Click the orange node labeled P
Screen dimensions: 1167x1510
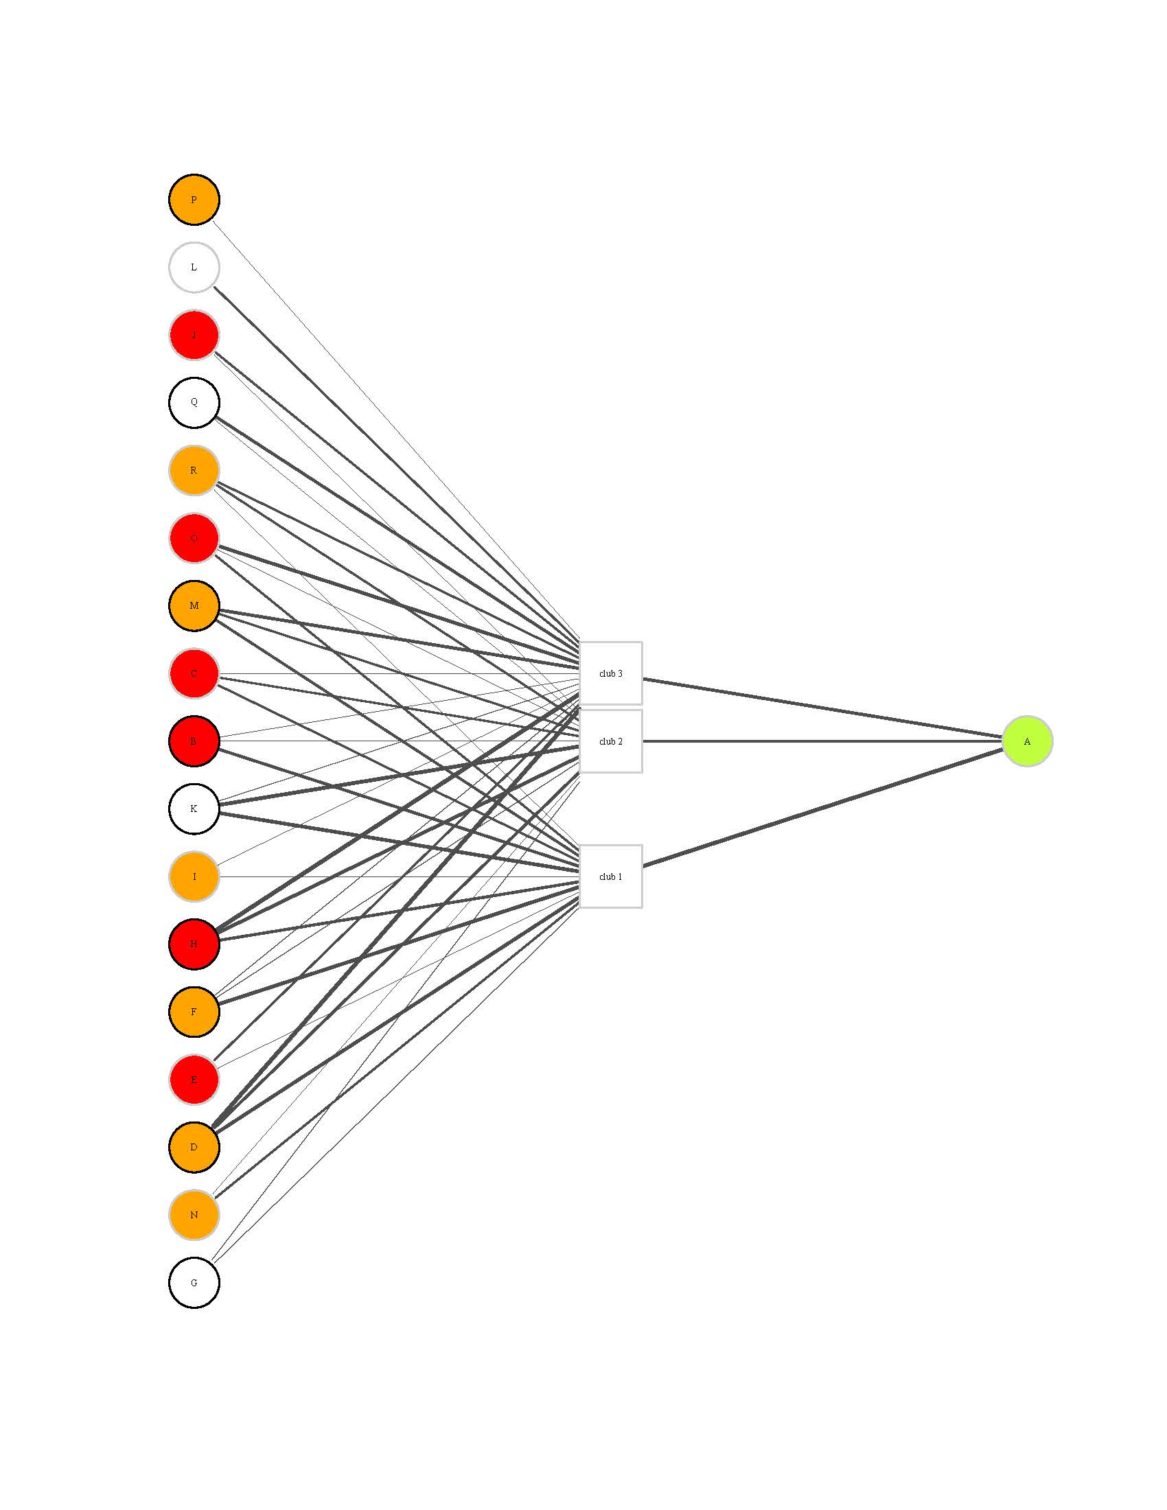tap(194, 200)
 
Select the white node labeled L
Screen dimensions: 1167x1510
tap(194, 268)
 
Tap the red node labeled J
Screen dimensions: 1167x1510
tap(194, 336)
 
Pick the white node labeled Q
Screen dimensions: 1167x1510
tap(194, 402)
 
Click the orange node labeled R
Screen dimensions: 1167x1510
tap(194, 471)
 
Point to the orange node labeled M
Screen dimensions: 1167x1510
tap(194, 606)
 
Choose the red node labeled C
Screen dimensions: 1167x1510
tap(194, 673)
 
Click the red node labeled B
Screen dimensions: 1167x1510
tap(194, 741)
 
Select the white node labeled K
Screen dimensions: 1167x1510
tap(194, 809)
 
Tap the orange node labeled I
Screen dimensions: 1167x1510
tap(194, 876)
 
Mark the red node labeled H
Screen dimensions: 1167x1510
tap(194, 944)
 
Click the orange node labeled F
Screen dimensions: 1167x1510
tap(194, 1012)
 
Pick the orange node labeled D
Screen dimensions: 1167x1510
tap(194, 1148)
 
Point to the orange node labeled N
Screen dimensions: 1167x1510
tap(194, 1216)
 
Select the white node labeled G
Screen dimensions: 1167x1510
tap(194, 1283)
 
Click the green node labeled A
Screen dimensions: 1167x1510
tap(1028, 741)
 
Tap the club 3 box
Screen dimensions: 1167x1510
tap(610, 673)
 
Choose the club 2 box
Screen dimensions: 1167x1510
tap(610, 741)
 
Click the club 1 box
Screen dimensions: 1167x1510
tap(610, 876)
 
